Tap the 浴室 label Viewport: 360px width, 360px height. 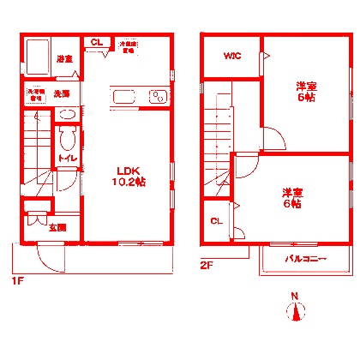pos(63,58)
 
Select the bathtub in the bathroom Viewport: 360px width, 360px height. pos(38,57)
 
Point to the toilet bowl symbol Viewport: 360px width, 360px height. pos(69,140)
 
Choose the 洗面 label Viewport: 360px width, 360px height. pos(63,92)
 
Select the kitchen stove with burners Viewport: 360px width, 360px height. pos(158,96)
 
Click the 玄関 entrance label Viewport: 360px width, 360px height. pos(57,227)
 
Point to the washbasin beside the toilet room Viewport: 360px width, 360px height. pos(69,115)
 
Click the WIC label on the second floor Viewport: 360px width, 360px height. pos(232,57)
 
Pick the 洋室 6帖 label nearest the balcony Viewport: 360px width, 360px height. pos(291,198)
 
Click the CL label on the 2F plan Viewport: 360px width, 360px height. pos(216,222)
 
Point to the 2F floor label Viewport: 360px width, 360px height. pos(206,265)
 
